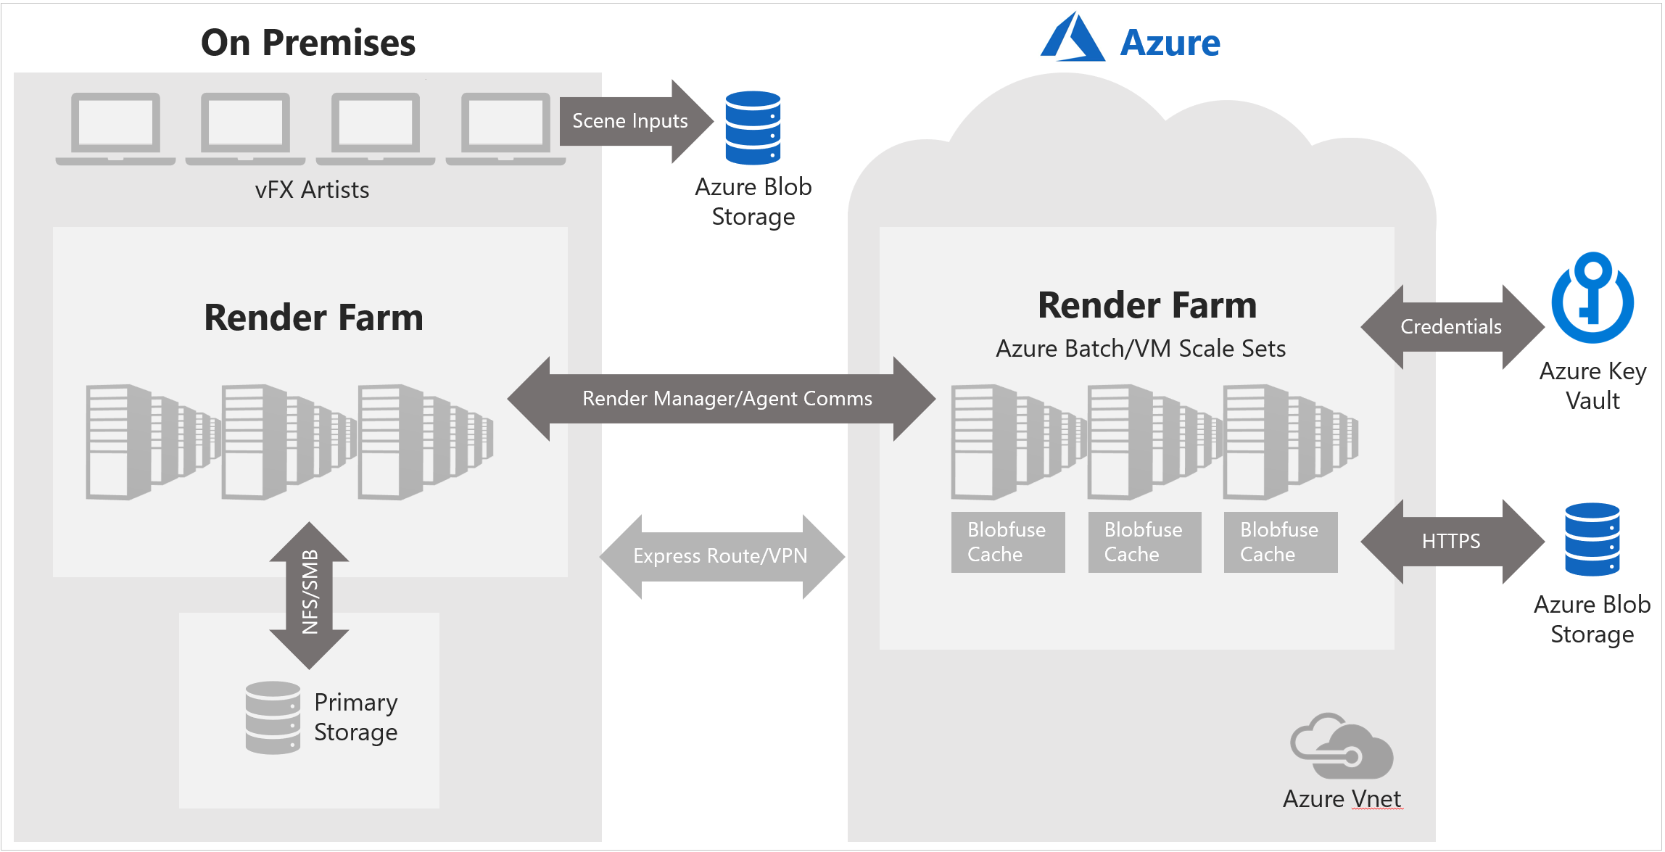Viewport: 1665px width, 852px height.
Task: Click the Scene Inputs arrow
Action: pyautogui.click(x=629, y=121)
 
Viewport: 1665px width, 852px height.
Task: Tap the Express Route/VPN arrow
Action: pyautogui.click(x=721, y=556)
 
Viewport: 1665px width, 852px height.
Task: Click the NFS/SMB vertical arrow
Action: pyautogui.click(x=310, y=593)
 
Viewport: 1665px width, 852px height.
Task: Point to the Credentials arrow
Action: pyautogui.click(x=1451, y=327)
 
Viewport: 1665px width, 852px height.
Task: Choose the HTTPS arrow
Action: pyautogui.click(x=1451, y=541)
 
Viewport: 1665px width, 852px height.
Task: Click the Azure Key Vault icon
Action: pyautogui.click(x=1592, y=297)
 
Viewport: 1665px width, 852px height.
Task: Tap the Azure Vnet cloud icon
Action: pyautogui.click(x=1342, y=747)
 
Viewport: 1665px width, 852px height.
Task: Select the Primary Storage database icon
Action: pyautogui.click(x=273, y=717)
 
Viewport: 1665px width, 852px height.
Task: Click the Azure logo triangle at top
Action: pyautogui.click(x=1072, y=38)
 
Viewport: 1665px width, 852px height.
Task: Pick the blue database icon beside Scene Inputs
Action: pyautogui.click(x=753, y=128)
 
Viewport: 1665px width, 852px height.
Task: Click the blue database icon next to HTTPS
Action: pyautogui.click(x=1592, y=539)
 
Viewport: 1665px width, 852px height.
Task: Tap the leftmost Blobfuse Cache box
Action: pyautogui.click(x=1007, y=542)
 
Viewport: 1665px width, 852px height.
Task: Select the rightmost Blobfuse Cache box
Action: pyautogui.click(x=1280, y=542)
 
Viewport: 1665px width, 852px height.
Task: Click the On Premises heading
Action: pyautogui.click(x=308, y=43)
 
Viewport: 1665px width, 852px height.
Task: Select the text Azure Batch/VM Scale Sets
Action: pyautogui.click(x=1140, y=349)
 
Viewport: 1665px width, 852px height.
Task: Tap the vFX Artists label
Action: pyautogui.click(x=312, y=190)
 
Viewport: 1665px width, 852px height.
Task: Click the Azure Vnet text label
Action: pyautogui.click(x=1342, y=799)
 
